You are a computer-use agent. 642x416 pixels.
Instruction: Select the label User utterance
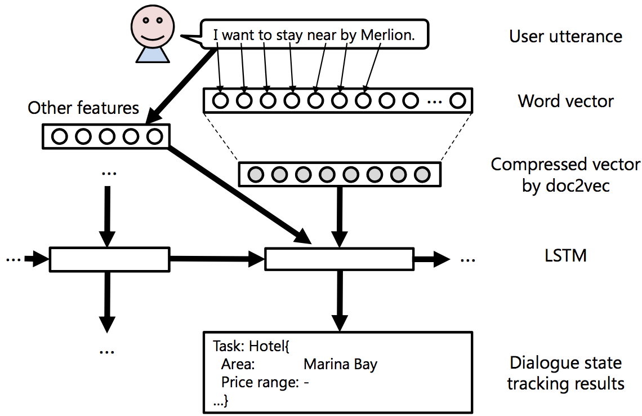coord(565,37)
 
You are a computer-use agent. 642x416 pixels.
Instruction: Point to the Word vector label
coord(565,101)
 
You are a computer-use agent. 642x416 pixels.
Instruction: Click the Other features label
coord(83,108)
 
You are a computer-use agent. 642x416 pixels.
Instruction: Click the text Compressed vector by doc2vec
coord(565,175)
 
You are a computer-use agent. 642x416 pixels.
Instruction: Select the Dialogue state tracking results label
coord(565,373)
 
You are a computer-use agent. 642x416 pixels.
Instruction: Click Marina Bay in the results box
coord(340,365)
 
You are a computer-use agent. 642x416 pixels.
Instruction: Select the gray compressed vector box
coord(340,174)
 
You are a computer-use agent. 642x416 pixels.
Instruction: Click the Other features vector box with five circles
coord(106,136)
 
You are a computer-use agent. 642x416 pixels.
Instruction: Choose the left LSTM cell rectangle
coord(109,259)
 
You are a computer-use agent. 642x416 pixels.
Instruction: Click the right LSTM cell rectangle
coord(338,259)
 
